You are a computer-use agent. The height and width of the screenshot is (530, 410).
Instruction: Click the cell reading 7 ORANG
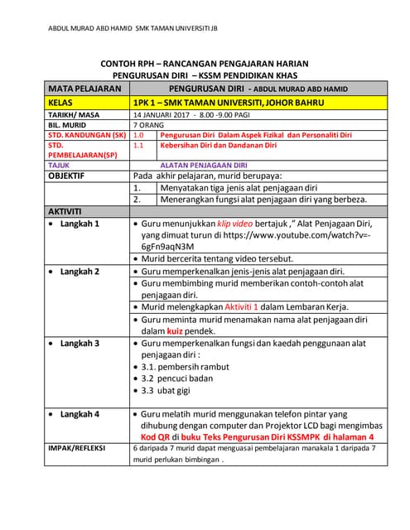(148, 124)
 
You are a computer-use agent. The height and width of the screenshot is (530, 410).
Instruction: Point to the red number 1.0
(138, 134)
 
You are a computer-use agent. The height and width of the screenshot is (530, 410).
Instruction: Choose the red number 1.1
(138, 145)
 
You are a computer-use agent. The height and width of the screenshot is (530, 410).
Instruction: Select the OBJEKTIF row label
(72, 176)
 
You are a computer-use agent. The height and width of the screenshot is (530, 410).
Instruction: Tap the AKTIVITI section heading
(70, 211)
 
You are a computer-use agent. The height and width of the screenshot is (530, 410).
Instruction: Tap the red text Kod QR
(158, 436)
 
